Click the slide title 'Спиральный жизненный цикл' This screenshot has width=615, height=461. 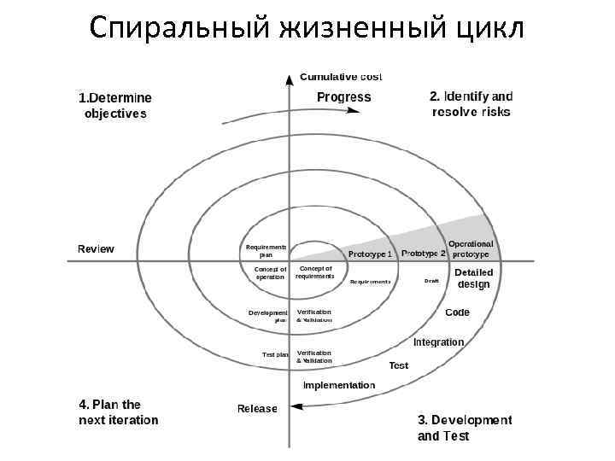pos(307,27)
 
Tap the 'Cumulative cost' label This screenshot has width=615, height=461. pos(341,77)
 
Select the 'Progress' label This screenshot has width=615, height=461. pos(343,97)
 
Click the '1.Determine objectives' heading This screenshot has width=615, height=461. pos(115,105)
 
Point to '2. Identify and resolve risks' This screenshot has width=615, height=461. pos(471,104)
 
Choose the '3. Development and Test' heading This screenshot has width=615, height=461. pos(464,428)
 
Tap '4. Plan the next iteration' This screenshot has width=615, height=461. pos(119,412)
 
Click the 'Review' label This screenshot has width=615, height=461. pos(96,248)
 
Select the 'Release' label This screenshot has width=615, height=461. pos(257,408)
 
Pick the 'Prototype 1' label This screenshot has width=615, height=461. pos(371,254)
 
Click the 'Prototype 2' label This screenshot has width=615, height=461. pos(424,253)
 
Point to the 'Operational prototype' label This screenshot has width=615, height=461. pos(471,248)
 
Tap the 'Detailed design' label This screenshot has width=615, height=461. pos(473,277)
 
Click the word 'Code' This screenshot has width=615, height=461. pos(457,312)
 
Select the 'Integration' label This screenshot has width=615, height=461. pos(438,341)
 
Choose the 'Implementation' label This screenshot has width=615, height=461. pos(339,385)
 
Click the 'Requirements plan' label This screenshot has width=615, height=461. pos(266,250)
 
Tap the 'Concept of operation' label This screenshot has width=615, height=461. pos(270,273)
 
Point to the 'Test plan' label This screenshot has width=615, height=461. pos(275,354)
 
